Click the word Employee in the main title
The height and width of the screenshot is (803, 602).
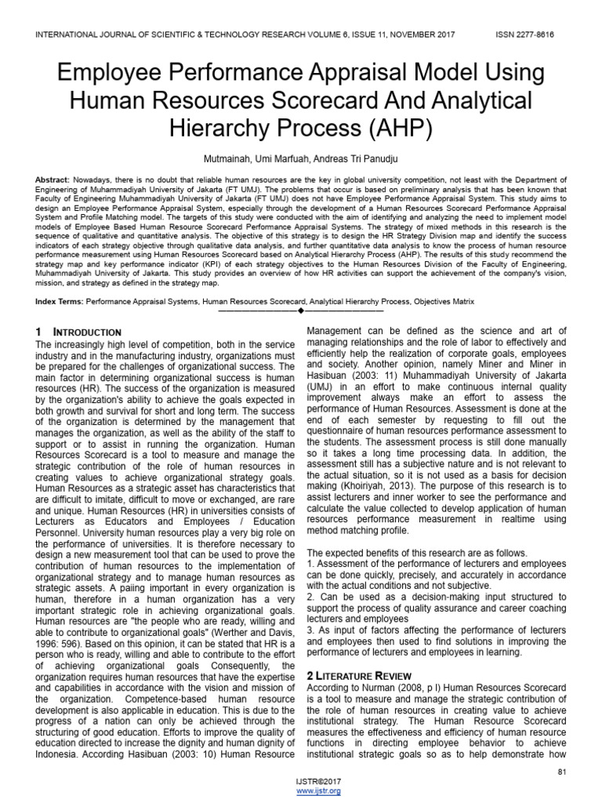click(114, 74)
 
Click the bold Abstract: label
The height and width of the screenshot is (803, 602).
click(53, 180)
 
